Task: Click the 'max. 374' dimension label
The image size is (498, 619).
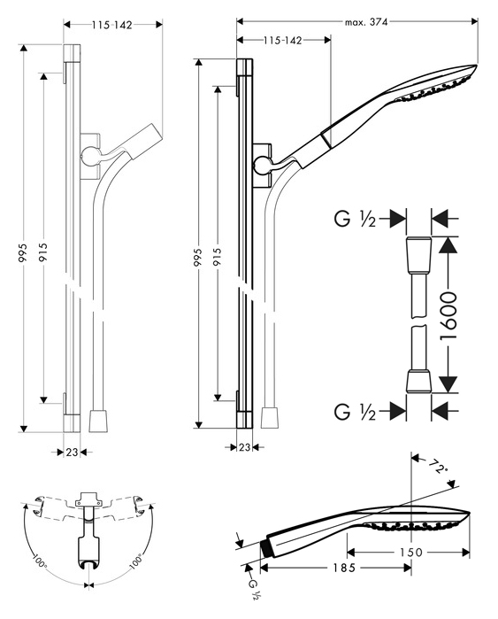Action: pos(366,22)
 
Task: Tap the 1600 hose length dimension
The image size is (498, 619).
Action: pos(448,316)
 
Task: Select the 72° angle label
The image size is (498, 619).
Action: pos(437,467)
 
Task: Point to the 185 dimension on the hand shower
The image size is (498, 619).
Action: pos(343,568)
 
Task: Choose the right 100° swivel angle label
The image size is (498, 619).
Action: pos(135,562)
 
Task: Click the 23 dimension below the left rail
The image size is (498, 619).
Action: pos(72,452)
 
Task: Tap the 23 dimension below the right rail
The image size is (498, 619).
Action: pos(244,447)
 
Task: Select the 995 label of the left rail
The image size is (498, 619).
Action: pos(23,252)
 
